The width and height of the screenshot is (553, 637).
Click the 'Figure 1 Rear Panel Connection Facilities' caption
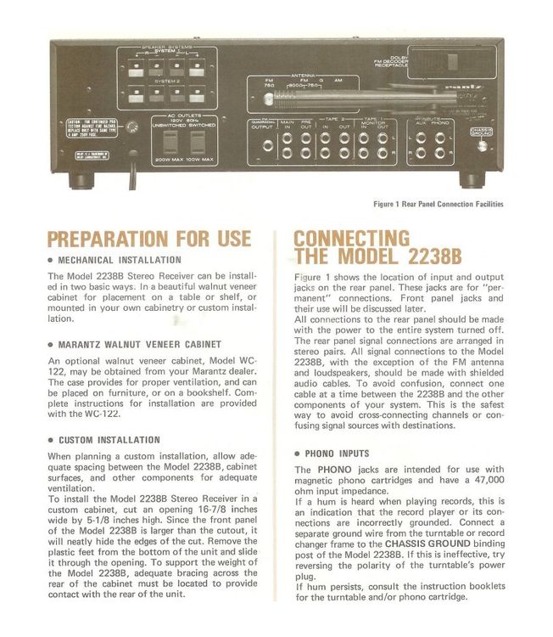438,204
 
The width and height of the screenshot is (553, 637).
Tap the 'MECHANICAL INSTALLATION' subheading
120,260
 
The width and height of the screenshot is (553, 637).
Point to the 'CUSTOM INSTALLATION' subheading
109,440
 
